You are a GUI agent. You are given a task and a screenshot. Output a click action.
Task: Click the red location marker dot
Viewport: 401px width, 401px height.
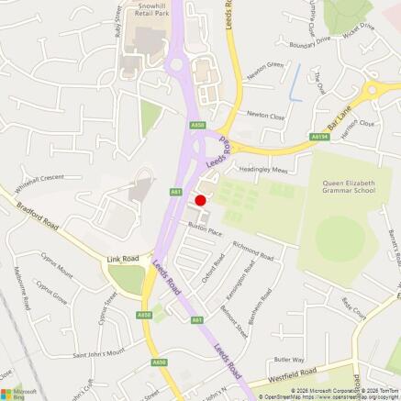coord(200,200)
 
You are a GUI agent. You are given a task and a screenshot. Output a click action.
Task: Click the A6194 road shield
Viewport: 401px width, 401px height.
coord(318,136)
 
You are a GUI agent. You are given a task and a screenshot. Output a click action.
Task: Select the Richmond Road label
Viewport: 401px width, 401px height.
coord(252,251)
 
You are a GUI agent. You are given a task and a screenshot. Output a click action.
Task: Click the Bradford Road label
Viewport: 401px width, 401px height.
coord(38,214)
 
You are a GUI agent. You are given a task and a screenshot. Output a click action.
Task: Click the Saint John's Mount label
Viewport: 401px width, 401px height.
coord(99,353)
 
